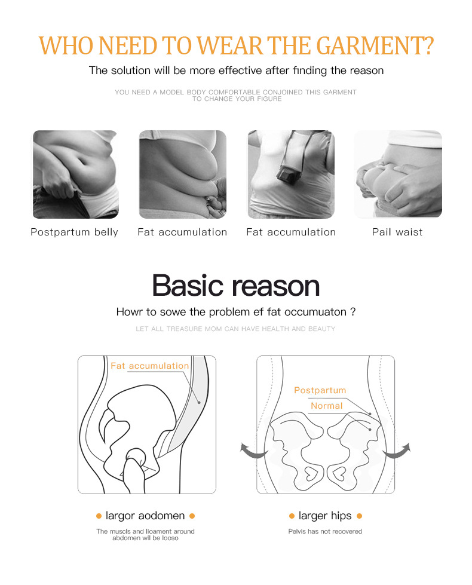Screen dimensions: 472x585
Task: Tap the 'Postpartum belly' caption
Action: coord(74,232)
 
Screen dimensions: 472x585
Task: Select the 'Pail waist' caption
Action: coord(397,232)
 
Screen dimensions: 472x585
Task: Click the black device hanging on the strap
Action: coord(289,174)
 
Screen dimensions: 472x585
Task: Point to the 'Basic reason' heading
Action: coord(236,286)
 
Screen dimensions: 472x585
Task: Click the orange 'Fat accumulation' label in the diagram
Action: coord(149,366)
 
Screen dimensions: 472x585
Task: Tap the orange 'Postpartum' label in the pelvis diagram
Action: coord(320,390)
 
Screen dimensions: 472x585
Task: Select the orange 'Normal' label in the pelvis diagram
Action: coord(326,406)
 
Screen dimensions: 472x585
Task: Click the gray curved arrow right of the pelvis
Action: coord(397,451)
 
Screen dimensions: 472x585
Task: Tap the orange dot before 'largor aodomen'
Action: coord(99,516)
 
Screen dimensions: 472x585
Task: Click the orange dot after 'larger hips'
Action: coord(359,516)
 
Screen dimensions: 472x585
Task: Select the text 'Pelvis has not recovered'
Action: coord(325,531)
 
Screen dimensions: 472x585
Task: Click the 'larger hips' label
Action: coord(325,516)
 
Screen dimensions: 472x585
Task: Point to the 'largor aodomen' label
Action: coord(145,516)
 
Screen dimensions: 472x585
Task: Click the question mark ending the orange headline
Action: coord(429,46)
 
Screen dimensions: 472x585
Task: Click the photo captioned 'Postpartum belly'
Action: coord(76,174)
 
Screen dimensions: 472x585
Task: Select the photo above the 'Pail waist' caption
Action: coord(398,174)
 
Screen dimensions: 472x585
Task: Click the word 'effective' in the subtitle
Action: coord(240,71)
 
